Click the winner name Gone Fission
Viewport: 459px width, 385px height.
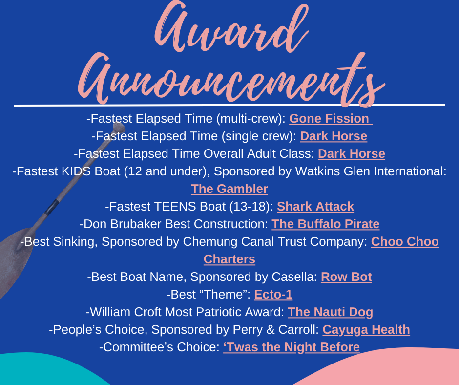pos(329,119)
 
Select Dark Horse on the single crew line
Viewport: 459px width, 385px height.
pos(334,136)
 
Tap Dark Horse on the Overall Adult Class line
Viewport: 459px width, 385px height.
pos(351,154)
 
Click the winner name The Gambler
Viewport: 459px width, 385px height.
pos(229,189)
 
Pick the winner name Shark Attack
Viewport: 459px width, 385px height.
pos(315,207)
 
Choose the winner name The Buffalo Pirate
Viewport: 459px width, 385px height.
pos(326,224)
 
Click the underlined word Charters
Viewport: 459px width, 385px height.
pos(229,259)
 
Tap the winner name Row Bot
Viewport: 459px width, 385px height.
pos(346,277)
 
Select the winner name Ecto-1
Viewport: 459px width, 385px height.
pos(273,295)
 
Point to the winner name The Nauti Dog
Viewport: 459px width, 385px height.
pos(330,312)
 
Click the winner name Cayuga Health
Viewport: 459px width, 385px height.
pos(366,330)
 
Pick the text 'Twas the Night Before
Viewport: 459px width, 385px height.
pos(291,347)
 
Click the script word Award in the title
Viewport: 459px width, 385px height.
pos(231,28)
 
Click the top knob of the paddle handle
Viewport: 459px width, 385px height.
pos(119,127)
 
